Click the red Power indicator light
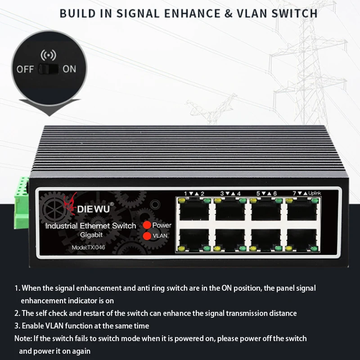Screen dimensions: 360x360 [146, 225]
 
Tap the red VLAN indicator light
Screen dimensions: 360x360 [146, 235]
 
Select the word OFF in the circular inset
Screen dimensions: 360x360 [25, 69]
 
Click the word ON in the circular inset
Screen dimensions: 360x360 [69, 69]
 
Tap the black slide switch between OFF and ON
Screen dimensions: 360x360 [49, 69]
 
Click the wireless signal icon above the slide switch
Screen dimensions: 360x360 [49, 55]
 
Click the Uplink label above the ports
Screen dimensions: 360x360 [315, 193]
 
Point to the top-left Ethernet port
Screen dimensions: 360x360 [194, 209]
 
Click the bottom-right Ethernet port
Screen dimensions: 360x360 [302, 239]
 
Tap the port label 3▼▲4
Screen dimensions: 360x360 [230, 193]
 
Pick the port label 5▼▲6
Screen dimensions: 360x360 [266, 193]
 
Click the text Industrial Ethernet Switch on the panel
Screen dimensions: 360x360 [90, 226]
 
